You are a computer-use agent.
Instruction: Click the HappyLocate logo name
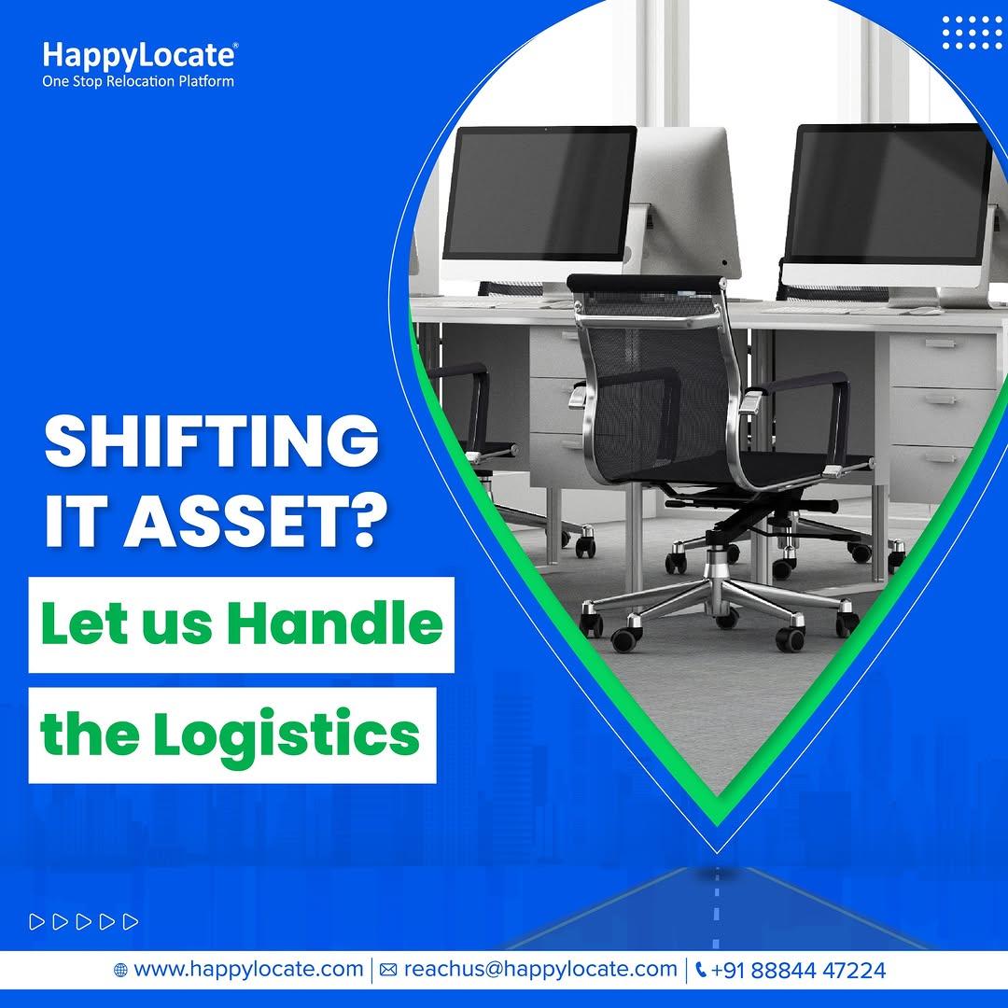click(x=139, y=56)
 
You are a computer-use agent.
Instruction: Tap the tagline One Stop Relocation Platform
click(x=138, y=81)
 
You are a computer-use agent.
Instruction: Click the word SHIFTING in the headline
click(x=212, y=441)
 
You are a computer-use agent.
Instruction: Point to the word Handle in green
click(x=335, y=623)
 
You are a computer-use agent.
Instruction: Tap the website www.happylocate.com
click(x=248, y=969)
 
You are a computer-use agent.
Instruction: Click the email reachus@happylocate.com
click(x=540, y=969)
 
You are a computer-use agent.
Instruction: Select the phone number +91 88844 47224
click(x=798, y=970)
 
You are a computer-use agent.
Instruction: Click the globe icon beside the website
click(x=120, y=970)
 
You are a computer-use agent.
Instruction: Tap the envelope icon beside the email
click(x=388, y=970)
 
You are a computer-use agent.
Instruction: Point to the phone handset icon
click(x=701, y=970)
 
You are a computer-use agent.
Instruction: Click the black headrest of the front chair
click(x=646, y=284)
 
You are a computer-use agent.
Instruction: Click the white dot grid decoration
click(x=972, y=32)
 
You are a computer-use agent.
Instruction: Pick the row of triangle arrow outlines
click(x=84, y=921)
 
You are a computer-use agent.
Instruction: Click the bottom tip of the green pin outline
click(x=717, y=825)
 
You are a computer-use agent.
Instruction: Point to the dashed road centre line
click(x=717, y=910)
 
